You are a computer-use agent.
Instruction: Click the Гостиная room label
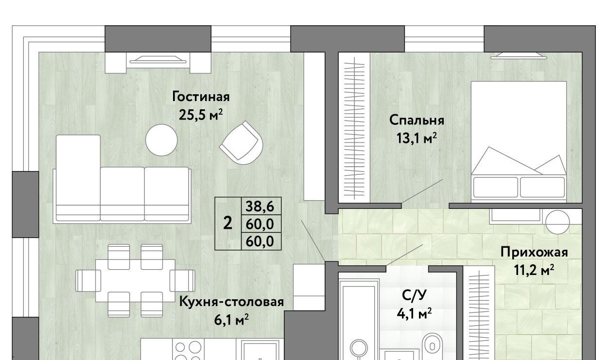pyautogui.click(x=201, y=97)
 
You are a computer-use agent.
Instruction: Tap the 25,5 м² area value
pyautogui.click(x=201, y=115)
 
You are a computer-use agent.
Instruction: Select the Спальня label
pyautogui.click(x=417, y=120)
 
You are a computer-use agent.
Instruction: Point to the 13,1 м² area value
pyautogui.click(x=417, y=138)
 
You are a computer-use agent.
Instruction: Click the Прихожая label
pyautogui.click(x=534, y=252)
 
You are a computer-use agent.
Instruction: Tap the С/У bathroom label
pyautogui.click(x=414, y=295)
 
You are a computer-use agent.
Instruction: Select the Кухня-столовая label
pyautogui.click(x=231, y=302)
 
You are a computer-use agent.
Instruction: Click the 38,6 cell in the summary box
pyautogui.click(x=260, y=207)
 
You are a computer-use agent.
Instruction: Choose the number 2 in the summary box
pyautogui.click(x=227, y=223)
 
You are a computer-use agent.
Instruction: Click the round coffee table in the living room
pyautogui.click(x=161, y=140)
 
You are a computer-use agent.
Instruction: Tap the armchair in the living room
pyautogui.click(x=241, y=143)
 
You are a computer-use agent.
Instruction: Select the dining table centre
pyautogui.click(x=135, y=280)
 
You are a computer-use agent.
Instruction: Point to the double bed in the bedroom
pyautogui.click(x=519, y=141)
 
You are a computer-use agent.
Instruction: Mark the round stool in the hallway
pyautogui.click(x=557, y=222)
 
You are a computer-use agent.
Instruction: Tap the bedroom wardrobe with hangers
pyautogui.click(x=354, y=127)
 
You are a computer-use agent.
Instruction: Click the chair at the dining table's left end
pyautogui.click(x=88, y=280)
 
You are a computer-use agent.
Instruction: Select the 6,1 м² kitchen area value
pyautogui.click(x=231, y=320)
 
